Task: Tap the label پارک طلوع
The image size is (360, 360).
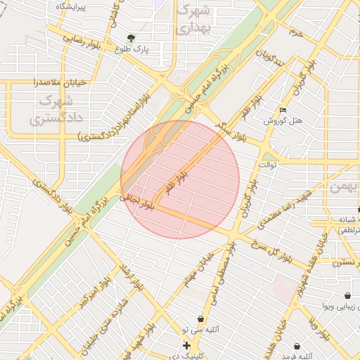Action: coord(134,50)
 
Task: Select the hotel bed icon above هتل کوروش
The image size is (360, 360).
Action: coord(283,110)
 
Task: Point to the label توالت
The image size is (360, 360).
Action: coord(269,165)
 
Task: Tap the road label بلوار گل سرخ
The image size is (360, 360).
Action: coord(271,247)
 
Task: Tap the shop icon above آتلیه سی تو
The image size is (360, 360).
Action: coord(201,319)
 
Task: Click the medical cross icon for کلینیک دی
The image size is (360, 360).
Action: coord(186,346)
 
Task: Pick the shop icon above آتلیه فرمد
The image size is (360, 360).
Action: coord(297,346)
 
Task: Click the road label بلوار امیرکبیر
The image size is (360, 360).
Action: coord(93,289)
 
